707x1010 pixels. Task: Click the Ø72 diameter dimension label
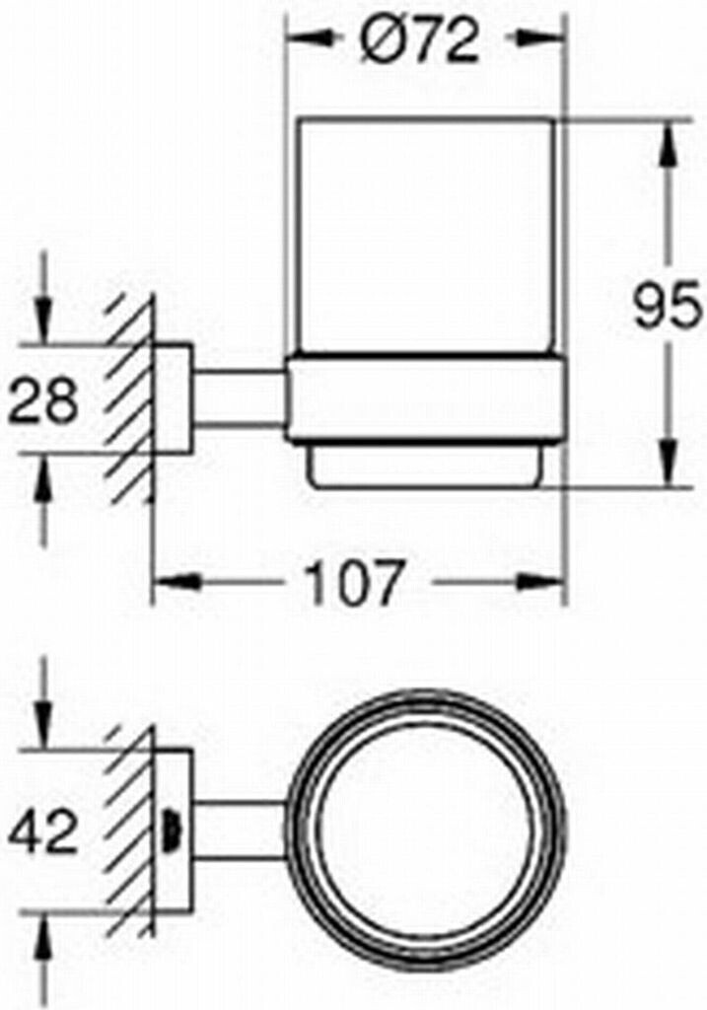click(x=419, y=41)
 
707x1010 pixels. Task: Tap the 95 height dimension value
click(x=668, y=308)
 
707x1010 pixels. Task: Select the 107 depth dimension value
click(x=352, y=583)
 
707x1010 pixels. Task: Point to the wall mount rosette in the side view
click(x=175, y=398)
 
